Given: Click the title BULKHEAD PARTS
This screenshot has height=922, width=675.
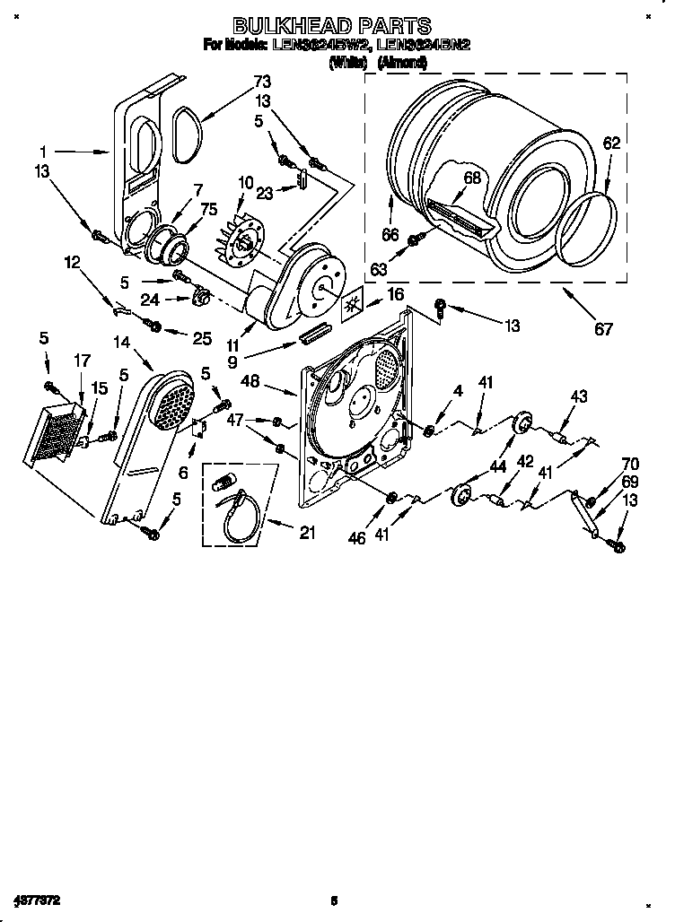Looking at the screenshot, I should coord(332,26).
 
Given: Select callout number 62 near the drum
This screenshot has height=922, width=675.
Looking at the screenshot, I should coord(611,143).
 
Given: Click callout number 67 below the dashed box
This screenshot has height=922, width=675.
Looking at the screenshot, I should coord(603,328).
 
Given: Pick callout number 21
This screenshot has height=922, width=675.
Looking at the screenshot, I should coord(307,533).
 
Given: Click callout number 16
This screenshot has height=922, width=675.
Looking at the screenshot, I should coord(394,293).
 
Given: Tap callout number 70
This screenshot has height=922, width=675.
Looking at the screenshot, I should coord(631,464).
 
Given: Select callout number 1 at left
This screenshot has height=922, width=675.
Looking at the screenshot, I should coord(43,152).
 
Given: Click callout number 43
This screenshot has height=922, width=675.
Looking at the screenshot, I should coord(578,396).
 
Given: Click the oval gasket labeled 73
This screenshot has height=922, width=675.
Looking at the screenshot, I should coord(186,134).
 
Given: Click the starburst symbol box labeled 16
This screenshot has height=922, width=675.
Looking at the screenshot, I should coord(356,305).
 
